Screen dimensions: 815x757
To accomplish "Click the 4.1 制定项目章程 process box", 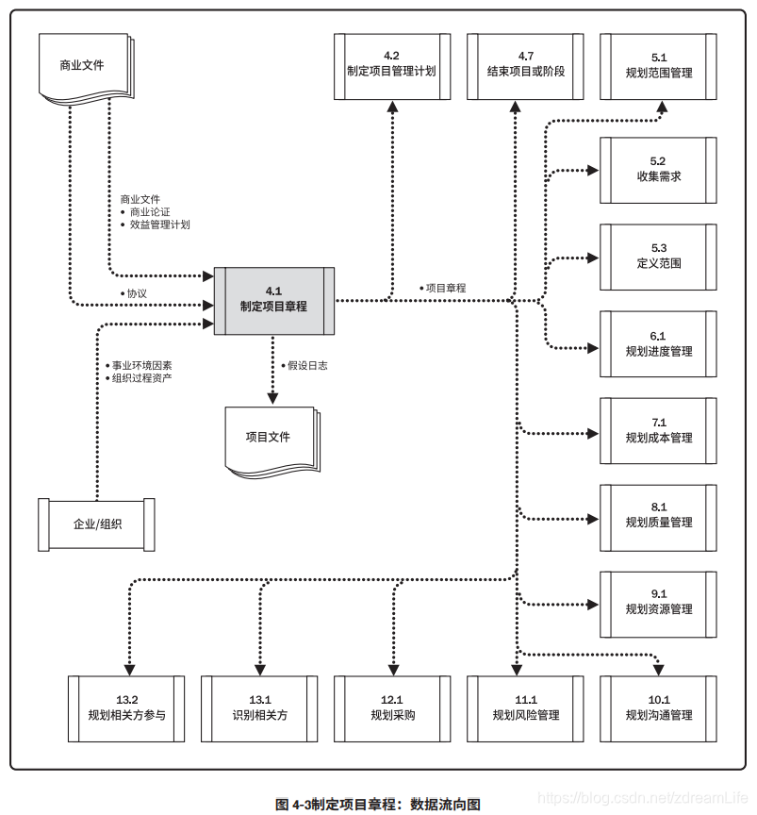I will [273, 300].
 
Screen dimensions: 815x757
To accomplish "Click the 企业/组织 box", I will [96, 524].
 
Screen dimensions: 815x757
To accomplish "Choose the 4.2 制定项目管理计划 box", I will [391, 65].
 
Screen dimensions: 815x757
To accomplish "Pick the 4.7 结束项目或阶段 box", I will [525, 65].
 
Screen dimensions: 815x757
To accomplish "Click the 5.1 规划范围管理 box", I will [658, 65].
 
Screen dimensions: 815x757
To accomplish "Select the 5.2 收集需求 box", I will [658, 170].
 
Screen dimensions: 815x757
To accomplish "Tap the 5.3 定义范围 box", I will [658, 257].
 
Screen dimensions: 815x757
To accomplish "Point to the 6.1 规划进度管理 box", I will [658, 344].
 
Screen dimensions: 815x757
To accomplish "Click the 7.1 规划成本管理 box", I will [658, 431].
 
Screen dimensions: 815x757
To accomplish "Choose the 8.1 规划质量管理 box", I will [658, 517].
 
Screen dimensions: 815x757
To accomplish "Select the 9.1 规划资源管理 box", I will [658, 603].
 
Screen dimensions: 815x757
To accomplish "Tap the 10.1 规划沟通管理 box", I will [658, 708].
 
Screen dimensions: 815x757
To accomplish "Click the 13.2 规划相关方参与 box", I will [126, 708].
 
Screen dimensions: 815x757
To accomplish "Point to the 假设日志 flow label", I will [306, 366].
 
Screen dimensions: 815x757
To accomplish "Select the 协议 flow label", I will [137, 293].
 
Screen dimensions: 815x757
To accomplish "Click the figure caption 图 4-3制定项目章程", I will [378, 805].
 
